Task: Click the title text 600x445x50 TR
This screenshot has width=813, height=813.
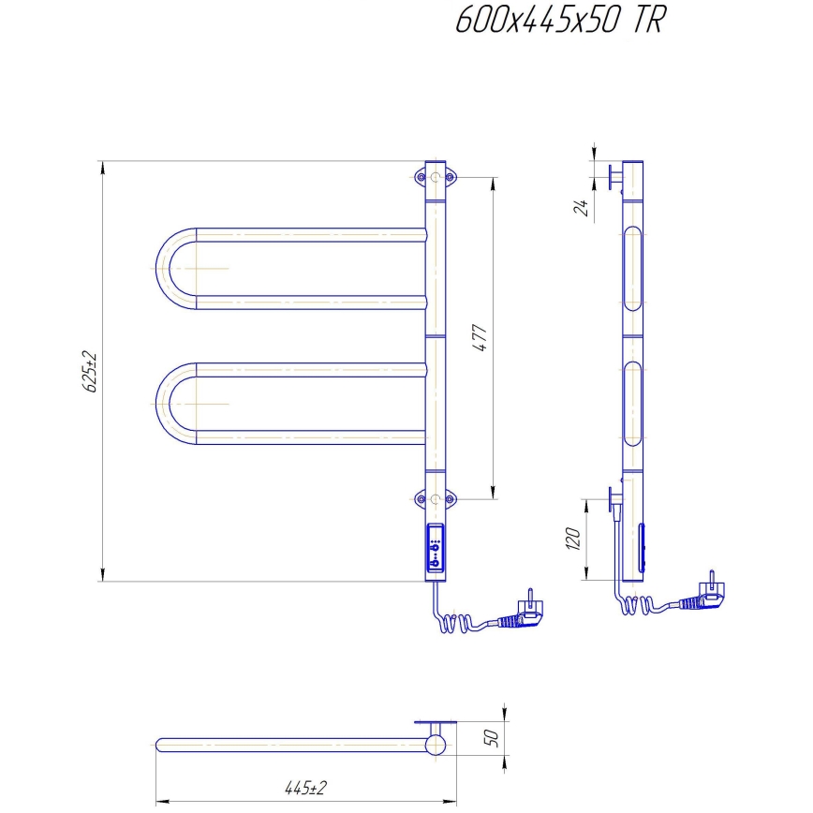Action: (559, 21)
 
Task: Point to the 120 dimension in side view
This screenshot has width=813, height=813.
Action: (575, 540)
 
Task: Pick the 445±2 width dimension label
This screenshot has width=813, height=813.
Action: (305, 788)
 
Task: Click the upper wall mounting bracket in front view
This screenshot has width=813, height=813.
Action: (436, 177)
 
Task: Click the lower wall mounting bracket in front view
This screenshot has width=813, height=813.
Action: (436, 499)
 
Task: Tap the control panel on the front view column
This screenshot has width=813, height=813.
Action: (436, 548)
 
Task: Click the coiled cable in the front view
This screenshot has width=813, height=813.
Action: (460, 621)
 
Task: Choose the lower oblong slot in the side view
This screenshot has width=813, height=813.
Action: (633, 404)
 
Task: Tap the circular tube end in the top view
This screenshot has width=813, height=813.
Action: (436, 746)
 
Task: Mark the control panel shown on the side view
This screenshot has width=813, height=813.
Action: (643, 548)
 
